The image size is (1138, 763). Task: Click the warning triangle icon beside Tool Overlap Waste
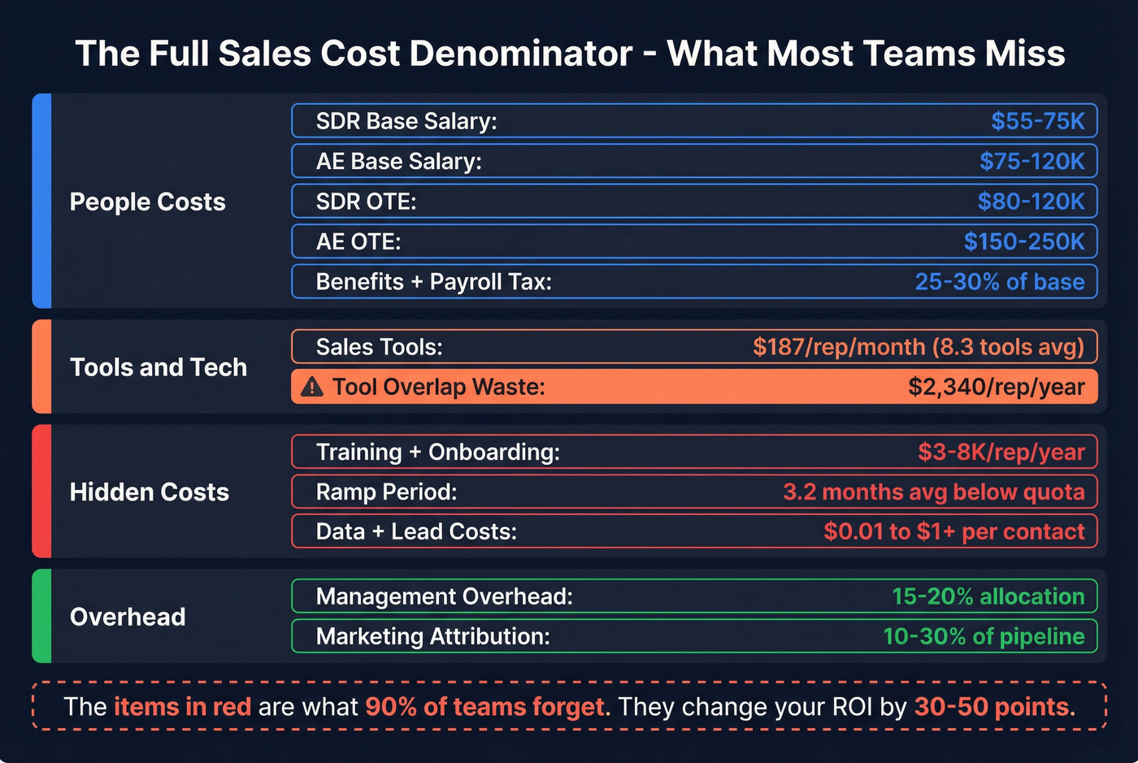click(311, 387)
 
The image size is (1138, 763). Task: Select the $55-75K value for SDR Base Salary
click(1037, 121)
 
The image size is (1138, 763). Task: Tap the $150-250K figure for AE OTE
click(1023, 241)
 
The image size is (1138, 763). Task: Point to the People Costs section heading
click(147, 202)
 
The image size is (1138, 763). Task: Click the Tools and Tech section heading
click(159, 367)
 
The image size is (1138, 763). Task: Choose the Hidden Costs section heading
click(150, 492)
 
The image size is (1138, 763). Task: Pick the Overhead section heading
click(128, 617)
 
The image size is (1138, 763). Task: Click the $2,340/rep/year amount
click(996, 387)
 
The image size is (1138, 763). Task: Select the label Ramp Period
click(386, 492)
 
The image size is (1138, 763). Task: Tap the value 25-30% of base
click(999, 281)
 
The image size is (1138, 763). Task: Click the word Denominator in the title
click(521, 54)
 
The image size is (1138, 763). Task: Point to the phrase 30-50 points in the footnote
click(994, 706)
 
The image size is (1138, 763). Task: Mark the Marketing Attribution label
click(432, 636)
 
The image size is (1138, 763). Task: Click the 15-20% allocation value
click(988, 596)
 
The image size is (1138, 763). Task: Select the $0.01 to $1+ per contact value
click(953, 531)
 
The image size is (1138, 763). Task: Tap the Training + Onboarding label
click(437, 452)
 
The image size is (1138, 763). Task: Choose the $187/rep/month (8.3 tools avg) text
click(918, 347)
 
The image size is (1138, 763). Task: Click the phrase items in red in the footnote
click(182, 706)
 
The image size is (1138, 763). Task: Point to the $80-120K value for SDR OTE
click(1031, 202)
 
